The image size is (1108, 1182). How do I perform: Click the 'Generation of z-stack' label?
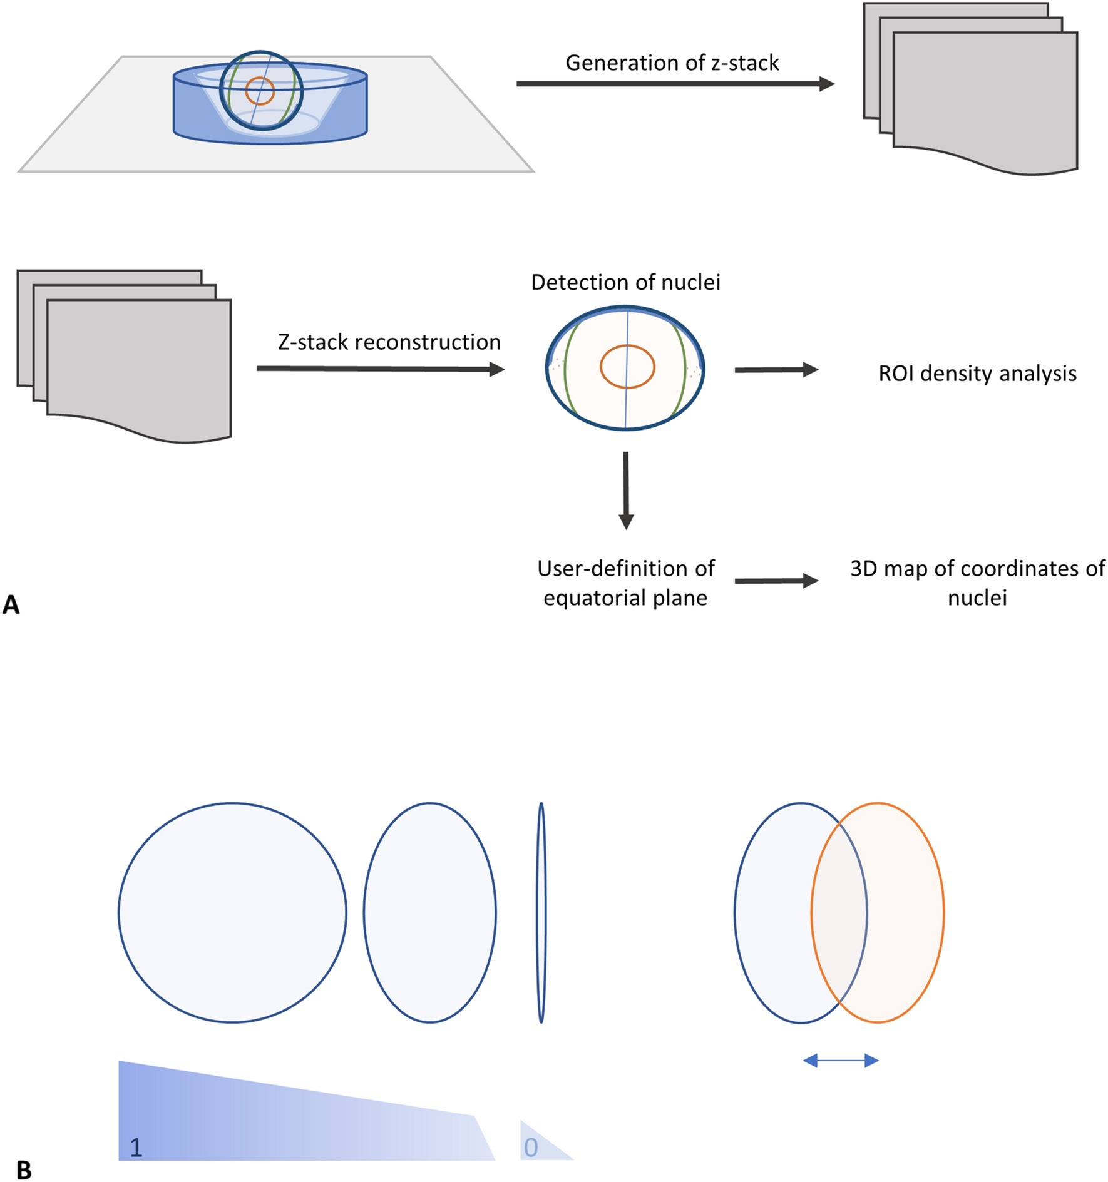672,63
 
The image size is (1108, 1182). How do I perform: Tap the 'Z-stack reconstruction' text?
389,342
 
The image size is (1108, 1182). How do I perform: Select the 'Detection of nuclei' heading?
625,282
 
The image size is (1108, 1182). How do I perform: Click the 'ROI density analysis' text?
977,374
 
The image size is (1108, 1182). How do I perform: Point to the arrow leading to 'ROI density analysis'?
776,370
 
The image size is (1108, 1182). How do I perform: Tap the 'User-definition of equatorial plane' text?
625,583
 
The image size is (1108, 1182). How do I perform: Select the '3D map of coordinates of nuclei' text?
977,583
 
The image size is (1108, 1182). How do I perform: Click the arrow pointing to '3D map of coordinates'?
776,581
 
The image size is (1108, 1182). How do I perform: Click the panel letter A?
11,605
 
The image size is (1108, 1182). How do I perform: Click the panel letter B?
24,1169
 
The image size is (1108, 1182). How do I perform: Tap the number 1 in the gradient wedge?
136,1148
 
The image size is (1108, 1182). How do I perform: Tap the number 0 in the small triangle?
531,1148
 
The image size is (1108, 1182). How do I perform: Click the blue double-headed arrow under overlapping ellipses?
841,1060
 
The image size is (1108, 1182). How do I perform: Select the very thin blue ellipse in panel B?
541,912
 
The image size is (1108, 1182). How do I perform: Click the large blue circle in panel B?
232,912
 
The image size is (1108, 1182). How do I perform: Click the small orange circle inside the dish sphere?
260,91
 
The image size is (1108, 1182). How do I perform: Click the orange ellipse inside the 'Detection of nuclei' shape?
627,367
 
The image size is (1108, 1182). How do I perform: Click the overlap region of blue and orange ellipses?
839,912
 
